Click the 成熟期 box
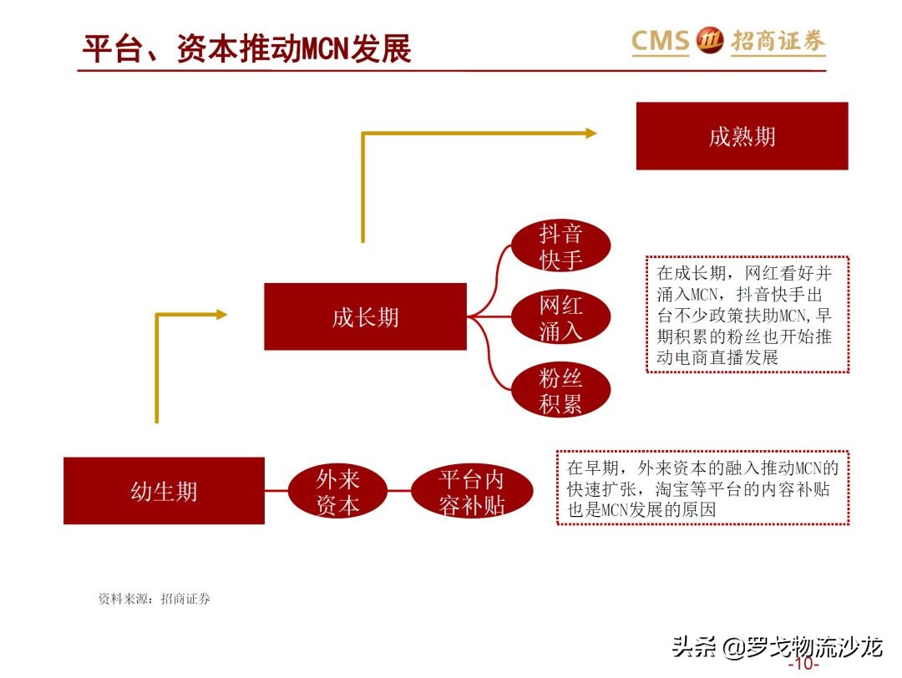tap(742, 136)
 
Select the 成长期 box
tap(365, 316)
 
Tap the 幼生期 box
tap(164, 490)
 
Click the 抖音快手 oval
tap(560, 246)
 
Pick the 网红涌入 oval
tap(560, 318)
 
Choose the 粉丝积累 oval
tap(560, 391)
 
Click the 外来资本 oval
tap(337, 491)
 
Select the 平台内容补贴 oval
tap(472, 491)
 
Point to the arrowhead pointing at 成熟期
tap(590, 133)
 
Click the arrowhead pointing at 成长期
tap(221, 314)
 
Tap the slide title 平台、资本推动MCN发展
tap(246, 48)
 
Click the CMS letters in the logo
tap(660, 40)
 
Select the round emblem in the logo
tap(710, 40)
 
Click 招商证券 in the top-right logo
tap(778, 41)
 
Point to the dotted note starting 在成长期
tap(747, 315)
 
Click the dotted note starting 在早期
tap(702, 488)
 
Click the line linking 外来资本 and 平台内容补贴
tap(398, 491)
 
